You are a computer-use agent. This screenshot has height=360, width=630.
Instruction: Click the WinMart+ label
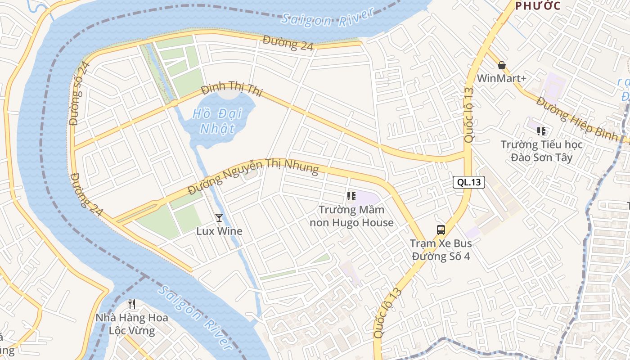(x=501, y=78)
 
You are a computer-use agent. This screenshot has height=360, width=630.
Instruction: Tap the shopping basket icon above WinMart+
(x=502, y=66)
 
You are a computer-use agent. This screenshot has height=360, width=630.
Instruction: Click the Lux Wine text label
(x=219, y=231)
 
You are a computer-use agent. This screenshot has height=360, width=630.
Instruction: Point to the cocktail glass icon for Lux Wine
(x=219, y=218)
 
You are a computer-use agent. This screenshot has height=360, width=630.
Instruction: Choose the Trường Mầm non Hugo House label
(x=351, y=216)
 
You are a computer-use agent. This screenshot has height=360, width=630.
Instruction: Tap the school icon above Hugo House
(x=351, y=196)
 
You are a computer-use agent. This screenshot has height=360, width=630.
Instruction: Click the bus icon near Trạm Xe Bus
(x=441, y=230)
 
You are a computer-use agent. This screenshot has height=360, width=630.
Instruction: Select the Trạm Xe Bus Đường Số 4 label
(x=441, y=250)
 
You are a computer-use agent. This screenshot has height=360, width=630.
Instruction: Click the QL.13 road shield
(x=468, y=182)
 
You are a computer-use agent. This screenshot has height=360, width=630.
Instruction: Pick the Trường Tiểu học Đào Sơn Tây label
(x=542, y=151)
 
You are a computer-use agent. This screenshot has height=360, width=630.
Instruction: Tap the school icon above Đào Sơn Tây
(x=541, y=131)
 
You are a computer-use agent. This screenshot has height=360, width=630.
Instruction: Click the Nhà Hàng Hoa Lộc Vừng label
(x=132, y=324)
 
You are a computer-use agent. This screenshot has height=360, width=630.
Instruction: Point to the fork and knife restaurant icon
(x=132, y=304)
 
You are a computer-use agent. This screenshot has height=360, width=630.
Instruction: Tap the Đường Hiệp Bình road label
(x=577, y=119)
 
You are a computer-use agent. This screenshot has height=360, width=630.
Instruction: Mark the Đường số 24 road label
(x=80, y=93)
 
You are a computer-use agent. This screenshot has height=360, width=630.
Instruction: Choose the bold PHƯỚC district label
(x=538, y=6)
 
